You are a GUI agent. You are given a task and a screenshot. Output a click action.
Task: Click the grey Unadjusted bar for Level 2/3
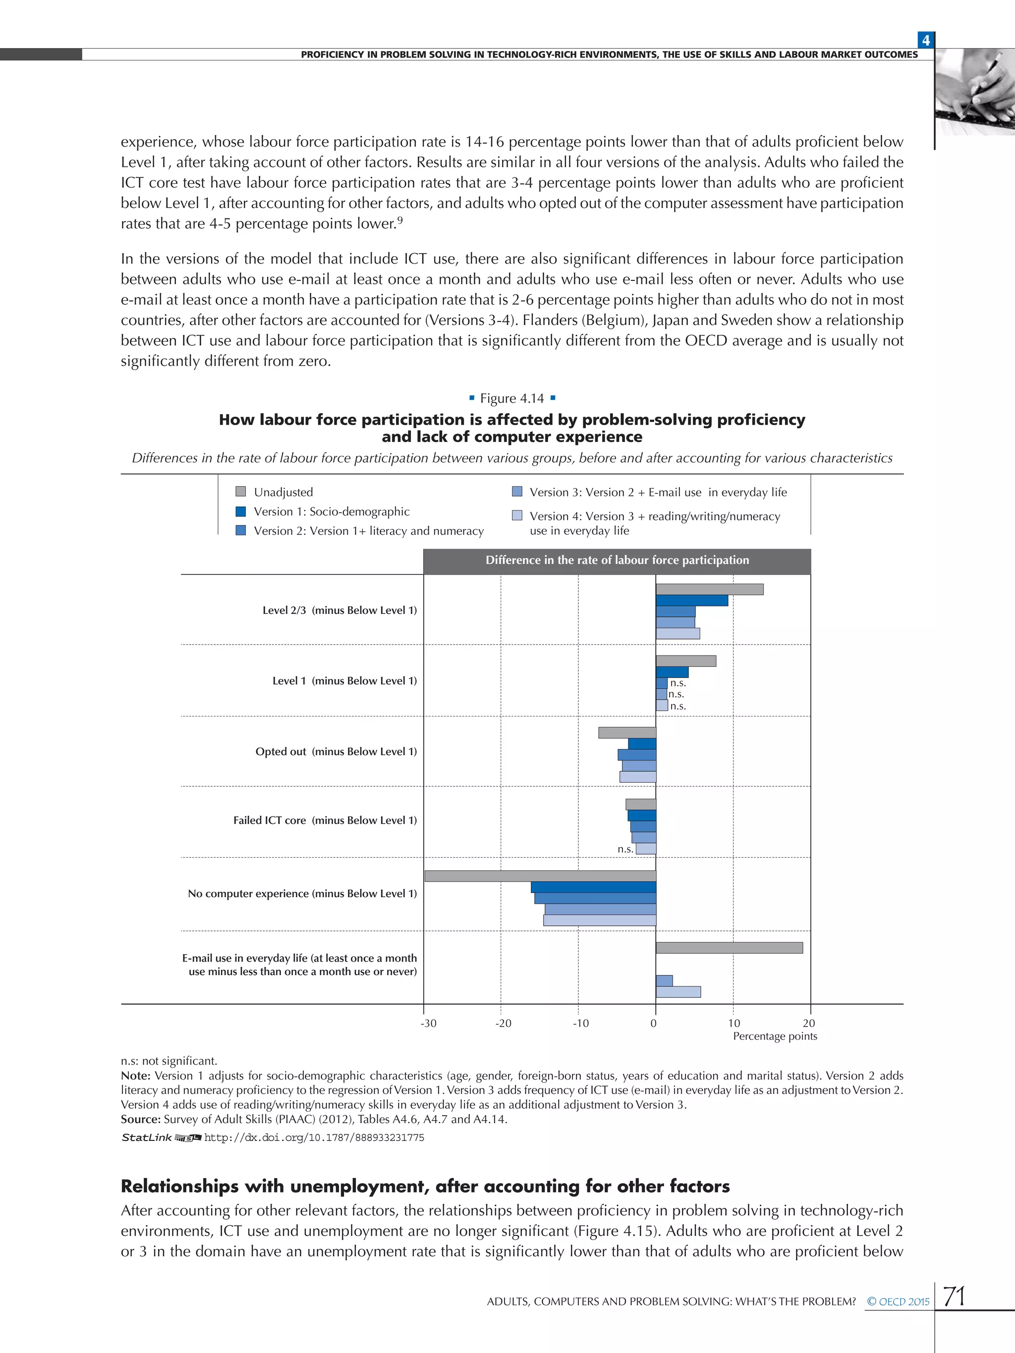[709, 589]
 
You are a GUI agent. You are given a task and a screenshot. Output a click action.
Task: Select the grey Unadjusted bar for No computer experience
[540, 876]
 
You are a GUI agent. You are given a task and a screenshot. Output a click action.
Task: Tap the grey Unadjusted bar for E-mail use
[729, 947]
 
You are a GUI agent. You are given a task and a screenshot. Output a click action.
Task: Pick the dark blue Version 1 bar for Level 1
[672, 672]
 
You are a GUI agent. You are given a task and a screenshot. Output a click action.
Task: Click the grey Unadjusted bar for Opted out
[627, 732]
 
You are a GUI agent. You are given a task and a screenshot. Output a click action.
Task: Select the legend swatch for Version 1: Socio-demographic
[240, 511]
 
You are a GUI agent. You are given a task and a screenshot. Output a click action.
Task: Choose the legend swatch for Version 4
[517, 516]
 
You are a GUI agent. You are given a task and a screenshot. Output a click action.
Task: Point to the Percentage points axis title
[775, 1036]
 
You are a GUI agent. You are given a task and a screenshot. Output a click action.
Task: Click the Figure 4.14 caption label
[511, 398]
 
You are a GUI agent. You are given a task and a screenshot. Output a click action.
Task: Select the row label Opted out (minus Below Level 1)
[336, 751]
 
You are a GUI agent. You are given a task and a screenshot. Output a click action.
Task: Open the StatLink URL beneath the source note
[314, 1137]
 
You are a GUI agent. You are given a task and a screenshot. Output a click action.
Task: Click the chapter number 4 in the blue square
[926, 40]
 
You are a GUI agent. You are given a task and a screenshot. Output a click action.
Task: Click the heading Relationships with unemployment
[425, 1186]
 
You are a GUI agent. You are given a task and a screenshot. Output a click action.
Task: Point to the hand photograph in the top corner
[975, 92]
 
